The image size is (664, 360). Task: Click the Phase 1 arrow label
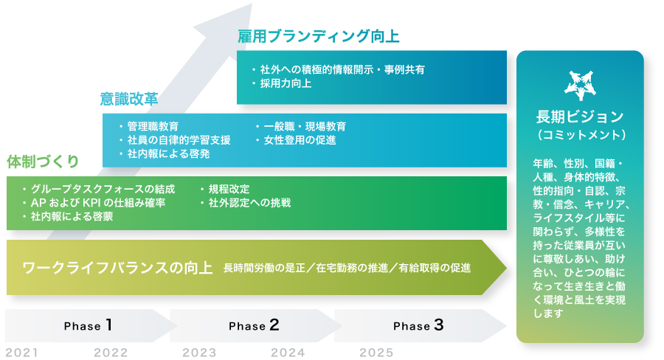pyautogui.click(x=88, y=325)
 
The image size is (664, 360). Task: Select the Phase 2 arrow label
pyautogui.click(x=253, y=325)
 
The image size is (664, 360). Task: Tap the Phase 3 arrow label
pyautogui.click(x=418, y=325)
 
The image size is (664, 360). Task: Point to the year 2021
pyautogui.click(x=21, y=352)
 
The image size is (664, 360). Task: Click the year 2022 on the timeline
pyautogui.click(x=111, y=352)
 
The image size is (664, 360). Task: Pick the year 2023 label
pyautogui.click(x=199, y=352)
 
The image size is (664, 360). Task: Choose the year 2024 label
pyautogui.click(x=288, y=352)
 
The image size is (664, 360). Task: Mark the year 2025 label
pyautogui.click(x=376, y=352)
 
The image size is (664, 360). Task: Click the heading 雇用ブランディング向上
pyautogui.click(x=319, y=35)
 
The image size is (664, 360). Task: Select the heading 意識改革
pyautogui.click(x=129, y=98)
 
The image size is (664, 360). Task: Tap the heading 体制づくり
pyautogui.click(x=43, y=161)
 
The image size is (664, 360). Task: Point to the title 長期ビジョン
pyautogui.click(x=580, y=117)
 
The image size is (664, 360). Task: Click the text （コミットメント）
pyautogui.click(x=580, y=135)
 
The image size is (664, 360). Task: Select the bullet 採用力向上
pyautogui.click(x=286, y=83)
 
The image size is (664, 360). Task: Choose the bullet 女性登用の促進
pyautogui.click(x=300, y=139)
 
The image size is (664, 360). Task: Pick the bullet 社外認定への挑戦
pyautogui.click(x=249, y=202)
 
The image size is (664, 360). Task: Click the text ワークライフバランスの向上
pyautogui.click(x=118, y=267)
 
